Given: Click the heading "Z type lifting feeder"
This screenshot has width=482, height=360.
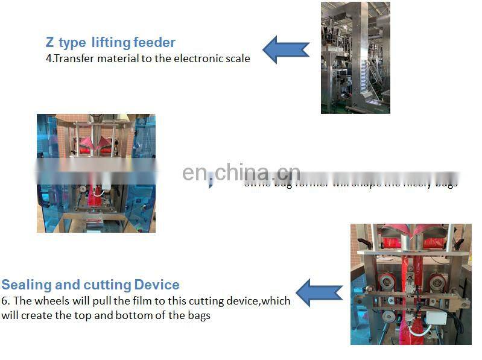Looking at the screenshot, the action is tap(110, 42).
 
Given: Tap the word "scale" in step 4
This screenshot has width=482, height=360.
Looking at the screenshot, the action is tap(237, 58).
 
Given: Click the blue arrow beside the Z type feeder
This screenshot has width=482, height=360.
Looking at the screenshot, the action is tap(286, 49).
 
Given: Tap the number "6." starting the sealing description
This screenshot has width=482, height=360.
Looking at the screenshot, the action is tap(6, 300).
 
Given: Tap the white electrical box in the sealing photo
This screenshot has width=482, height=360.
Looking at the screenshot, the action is tap(436, 317).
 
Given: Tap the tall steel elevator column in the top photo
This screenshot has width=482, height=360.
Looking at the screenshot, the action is tap(364, 57).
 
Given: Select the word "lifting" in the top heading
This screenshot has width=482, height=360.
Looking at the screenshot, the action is tap(112, 42).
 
